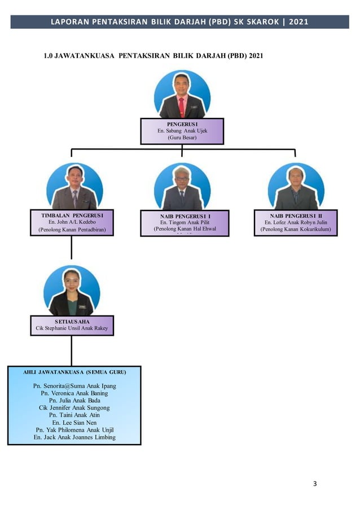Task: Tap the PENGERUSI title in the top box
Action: tap(182, 123)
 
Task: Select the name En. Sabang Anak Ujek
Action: tap(182, 130)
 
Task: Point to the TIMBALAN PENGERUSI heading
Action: tap(72, 215)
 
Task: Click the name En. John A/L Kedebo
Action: tap(72, 222)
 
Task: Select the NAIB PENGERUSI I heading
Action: tap(185, 216)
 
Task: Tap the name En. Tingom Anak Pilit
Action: tap(185, 222)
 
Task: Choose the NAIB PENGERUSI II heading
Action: tap(296, 215)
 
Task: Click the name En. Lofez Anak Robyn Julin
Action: tap(296, 222)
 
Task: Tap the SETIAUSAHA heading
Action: tap(72, 321)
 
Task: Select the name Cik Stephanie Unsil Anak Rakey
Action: tap(72, 328)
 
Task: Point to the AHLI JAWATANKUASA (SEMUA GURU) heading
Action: tap(74, 372)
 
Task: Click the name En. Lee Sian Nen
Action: tap(74, 422)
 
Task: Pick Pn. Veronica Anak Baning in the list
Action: tap(74, 393)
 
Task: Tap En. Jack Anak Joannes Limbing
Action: tap(74, 437)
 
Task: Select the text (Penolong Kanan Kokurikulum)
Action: tap(296, 230)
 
